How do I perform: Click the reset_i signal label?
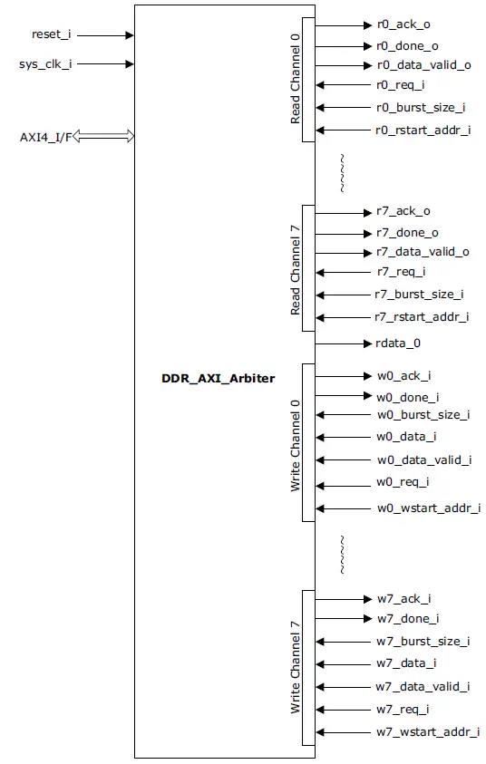click(x=51, y=34)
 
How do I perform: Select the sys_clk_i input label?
click(x=45, y=64)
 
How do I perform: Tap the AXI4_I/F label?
click(x=44, y=137)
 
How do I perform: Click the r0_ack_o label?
click(x=403, y=24)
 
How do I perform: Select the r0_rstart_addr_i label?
click(x=423, y=130)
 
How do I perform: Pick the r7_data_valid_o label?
click(x=423, y=252)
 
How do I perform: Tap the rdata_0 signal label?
click(x=398, y=343)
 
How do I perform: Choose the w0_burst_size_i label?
click(x=423, y=414)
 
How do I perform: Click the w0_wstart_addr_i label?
click(x=428, y=508)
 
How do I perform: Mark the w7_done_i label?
click(x=407, y=618)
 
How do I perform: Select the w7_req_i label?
click(x=403, y=709)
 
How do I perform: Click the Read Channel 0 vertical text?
click(x=295, y=79)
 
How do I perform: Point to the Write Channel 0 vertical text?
click(x=295, y=444)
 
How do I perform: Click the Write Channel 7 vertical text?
click(x=295, y=668)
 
